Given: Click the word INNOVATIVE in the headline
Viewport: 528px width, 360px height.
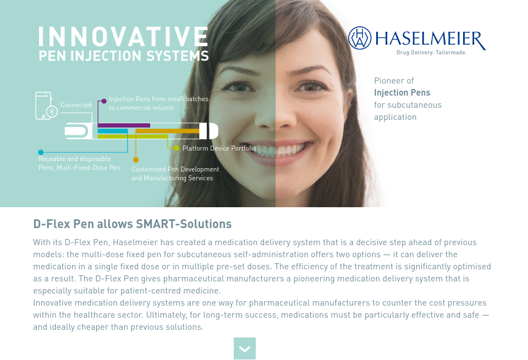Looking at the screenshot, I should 123,36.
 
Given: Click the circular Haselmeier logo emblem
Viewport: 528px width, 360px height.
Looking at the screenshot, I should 360,38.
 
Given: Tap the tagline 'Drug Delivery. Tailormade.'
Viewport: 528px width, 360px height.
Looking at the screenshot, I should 432,53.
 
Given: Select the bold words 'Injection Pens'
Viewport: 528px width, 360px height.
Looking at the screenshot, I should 402,92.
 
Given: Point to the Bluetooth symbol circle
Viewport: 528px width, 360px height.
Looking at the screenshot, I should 52,112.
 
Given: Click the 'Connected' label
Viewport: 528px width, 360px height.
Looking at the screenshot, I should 76,105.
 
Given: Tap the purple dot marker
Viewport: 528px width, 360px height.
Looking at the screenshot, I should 103,101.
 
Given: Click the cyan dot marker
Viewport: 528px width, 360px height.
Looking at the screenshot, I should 41,152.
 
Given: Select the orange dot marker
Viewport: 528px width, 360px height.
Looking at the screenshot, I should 135,160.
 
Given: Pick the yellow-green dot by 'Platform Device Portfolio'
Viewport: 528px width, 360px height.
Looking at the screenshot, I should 177,148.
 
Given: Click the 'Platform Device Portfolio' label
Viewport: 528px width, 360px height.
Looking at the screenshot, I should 219,148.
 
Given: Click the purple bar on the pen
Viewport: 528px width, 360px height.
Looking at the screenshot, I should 124,125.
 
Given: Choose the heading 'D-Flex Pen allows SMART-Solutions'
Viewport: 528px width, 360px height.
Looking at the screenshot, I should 133,224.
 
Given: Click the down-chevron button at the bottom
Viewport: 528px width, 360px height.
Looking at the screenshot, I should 245,348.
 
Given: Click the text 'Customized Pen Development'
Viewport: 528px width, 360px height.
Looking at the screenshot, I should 175,169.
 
